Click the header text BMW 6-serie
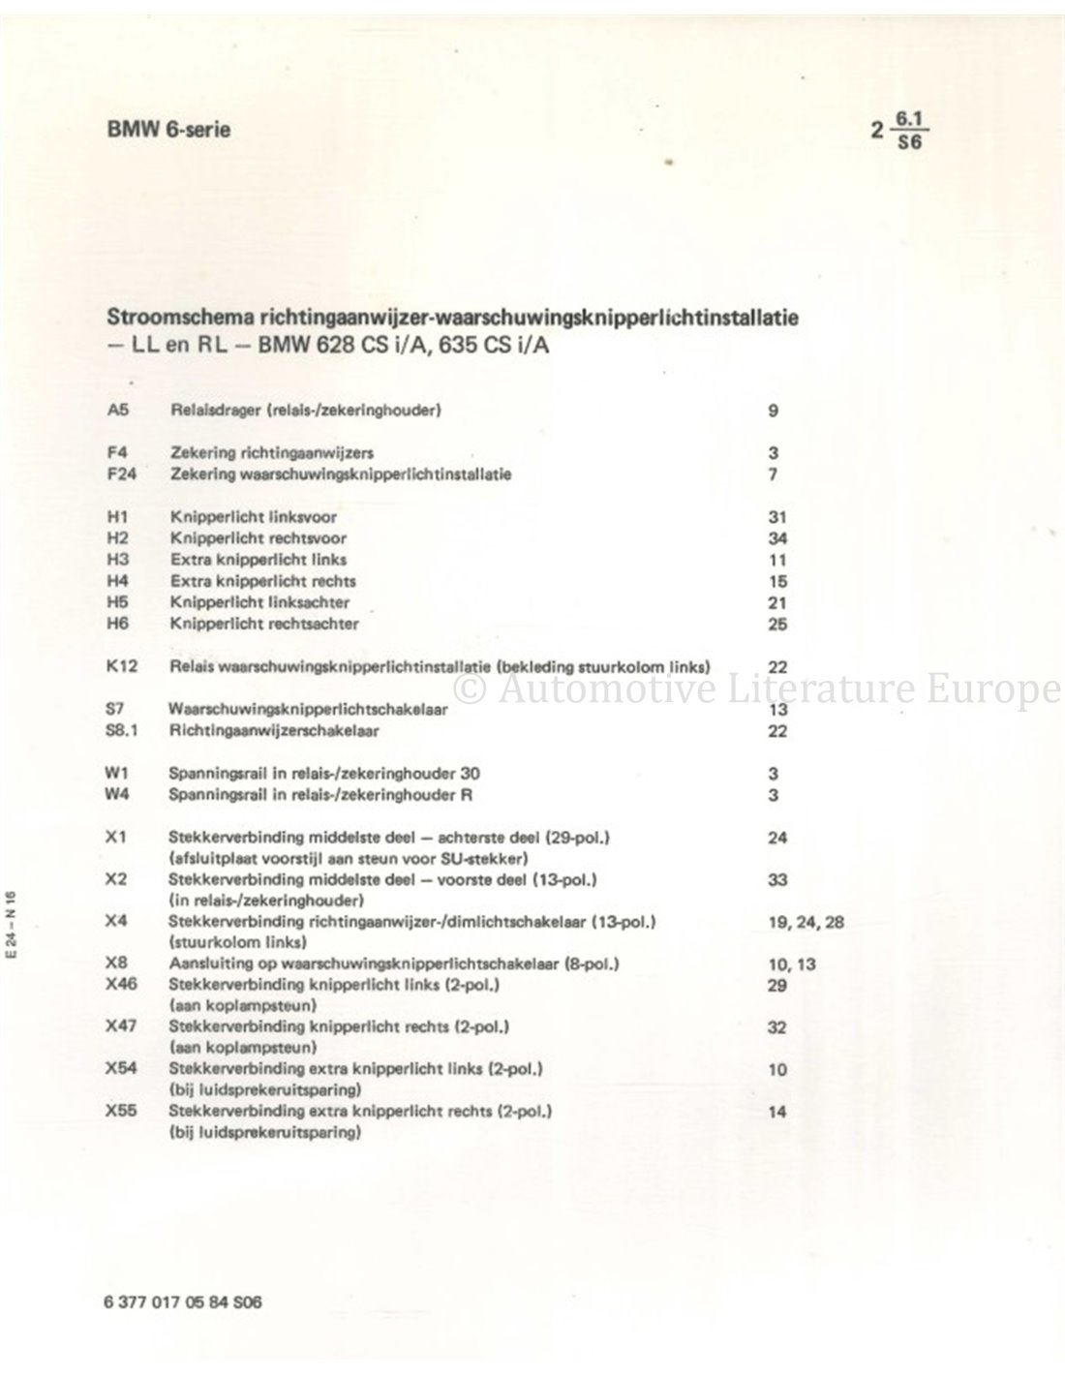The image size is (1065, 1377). (x=169, y=130)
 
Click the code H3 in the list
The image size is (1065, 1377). (x=117, y=560)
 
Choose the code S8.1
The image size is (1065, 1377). (x=123, y=730)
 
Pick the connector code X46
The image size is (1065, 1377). (x=121, y=985)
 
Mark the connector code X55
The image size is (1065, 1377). (x=121, y=1112)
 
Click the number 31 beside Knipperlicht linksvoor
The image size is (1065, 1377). (x=776, y=517)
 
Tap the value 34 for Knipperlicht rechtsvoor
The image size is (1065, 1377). (x=776, y=538)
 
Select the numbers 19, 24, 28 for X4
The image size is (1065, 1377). (x=805, y=922)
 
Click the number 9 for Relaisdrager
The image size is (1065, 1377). (x=773, y=411)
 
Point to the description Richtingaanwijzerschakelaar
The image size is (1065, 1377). (x=274, y=730)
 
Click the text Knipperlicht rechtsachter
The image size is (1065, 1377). (x=263, y=624)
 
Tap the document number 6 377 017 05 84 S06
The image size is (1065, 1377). (x=180, y=1301)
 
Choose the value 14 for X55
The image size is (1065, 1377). (x=776, y=1112)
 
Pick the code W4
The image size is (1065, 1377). (x=118, y=794)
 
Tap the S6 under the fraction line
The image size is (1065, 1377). (x=910, y=139)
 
